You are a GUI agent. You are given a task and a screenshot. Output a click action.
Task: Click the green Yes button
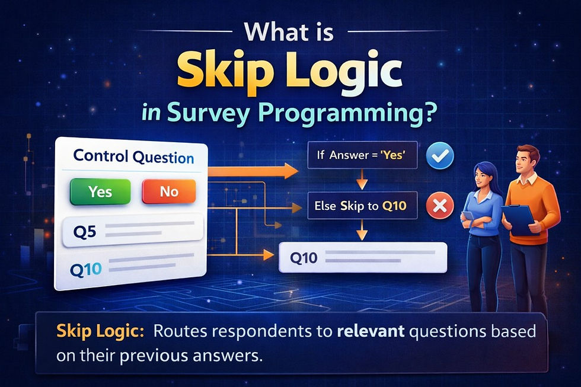(100, 191)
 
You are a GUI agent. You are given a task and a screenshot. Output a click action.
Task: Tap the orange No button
(169, 191)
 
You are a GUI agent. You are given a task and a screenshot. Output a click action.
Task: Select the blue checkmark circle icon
(440, 156)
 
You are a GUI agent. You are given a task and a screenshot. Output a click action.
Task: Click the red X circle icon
(440, 206)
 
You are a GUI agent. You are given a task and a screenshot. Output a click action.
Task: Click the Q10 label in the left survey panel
(86, 268)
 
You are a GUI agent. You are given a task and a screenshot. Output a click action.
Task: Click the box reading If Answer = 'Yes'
(362, 157)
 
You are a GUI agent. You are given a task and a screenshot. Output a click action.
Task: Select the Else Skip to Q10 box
(362, 207)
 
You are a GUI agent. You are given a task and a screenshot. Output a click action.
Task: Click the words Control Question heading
(133, 158)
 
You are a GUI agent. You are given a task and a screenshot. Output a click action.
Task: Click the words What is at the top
(290, 31)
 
